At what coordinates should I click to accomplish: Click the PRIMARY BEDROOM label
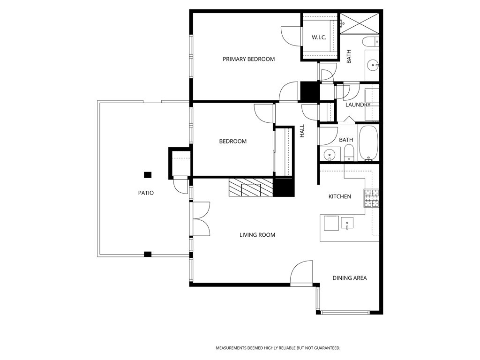248,59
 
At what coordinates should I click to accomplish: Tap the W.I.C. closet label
319,37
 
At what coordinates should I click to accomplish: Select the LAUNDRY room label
358,105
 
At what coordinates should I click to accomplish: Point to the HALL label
302,131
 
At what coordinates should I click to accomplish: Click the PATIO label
146,193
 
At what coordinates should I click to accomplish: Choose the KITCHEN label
339,196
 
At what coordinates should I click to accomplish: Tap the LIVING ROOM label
257,235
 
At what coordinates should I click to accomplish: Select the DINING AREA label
350,278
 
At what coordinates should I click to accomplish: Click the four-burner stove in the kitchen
371,198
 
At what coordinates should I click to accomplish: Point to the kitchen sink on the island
347,222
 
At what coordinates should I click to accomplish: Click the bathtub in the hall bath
367,142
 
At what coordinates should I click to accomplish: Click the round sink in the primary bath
373,65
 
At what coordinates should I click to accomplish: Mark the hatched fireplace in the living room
251,188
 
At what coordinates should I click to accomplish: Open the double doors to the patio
201,218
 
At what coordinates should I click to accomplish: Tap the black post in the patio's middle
148,175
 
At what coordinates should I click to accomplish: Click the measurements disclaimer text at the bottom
277,348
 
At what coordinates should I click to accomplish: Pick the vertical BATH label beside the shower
349,57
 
